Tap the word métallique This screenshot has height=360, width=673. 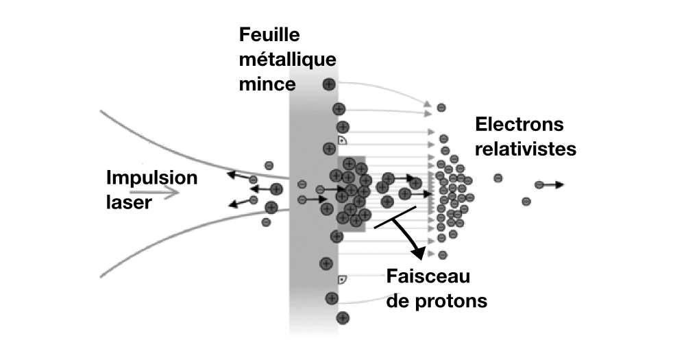288,60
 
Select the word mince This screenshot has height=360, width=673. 268,85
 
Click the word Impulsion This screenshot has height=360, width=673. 151,178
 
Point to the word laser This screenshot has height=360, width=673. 128,202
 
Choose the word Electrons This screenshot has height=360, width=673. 519,125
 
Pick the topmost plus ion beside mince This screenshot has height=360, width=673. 329,84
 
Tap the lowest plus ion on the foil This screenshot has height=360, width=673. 343,317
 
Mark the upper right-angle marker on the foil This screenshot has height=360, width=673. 342,141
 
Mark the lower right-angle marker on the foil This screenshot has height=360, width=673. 342,279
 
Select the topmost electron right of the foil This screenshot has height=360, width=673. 441,107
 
